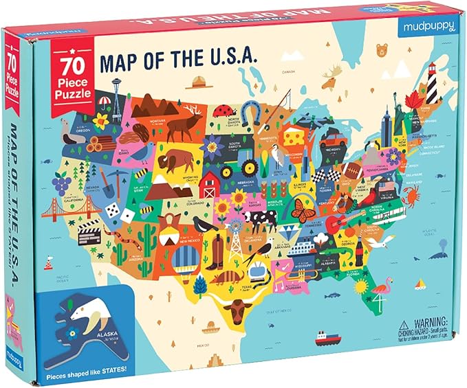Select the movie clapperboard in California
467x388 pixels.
click(89, 236)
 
